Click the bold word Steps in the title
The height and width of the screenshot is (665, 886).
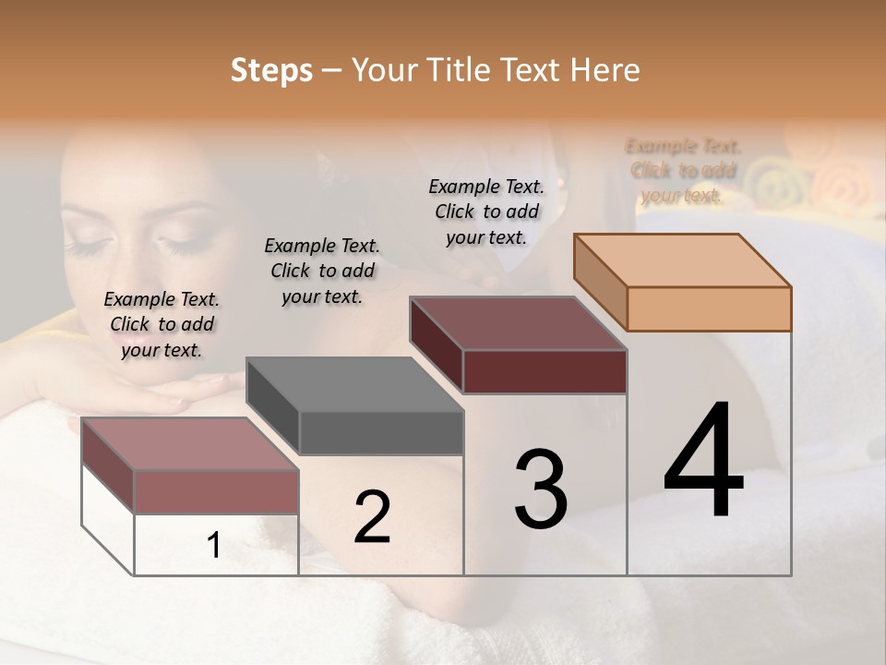point(271,71)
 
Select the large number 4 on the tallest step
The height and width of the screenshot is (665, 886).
point(703,461)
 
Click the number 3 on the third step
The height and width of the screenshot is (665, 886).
point(540,490)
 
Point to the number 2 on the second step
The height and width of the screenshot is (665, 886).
point(372,517)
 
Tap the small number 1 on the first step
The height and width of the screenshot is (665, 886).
point(213,546)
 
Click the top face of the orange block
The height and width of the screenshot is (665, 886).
point(683,260)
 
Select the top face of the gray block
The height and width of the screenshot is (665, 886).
point(355,384)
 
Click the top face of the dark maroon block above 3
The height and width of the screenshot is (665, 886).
point(519,323)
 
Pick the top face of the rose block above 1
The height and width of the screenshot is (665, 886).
point(190,444)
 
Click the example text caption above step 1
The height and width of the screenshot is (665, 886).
point(162,324)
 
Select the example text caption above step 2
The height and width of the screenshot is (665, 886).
point(322,271)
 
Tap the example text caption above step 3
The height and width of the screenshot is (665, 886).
point(486,212)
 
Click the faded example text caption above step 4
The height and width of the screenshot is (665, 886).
point(683,171)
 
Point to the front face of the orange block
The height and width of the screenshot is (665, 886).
point(709,308)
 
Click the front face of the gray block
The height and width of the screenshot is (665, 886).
point(381,432)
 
